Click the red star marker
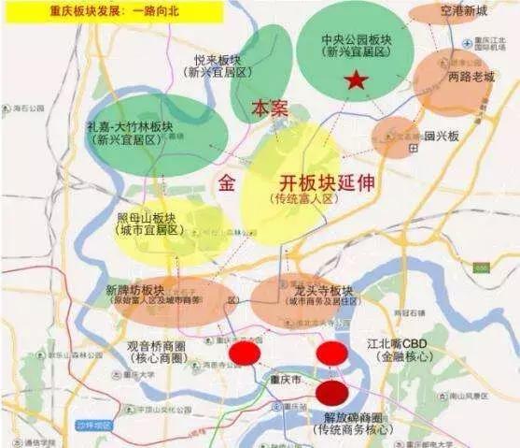[355, 81]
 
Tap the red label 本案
[270, 109]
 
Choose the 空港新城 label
[466, 11]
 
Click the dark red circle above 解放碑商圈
[332, 392]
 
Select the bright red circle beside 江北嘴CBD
[332, 354]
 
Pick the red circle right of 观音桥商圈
[246, 354]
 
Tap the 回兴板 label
[442, 137]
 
